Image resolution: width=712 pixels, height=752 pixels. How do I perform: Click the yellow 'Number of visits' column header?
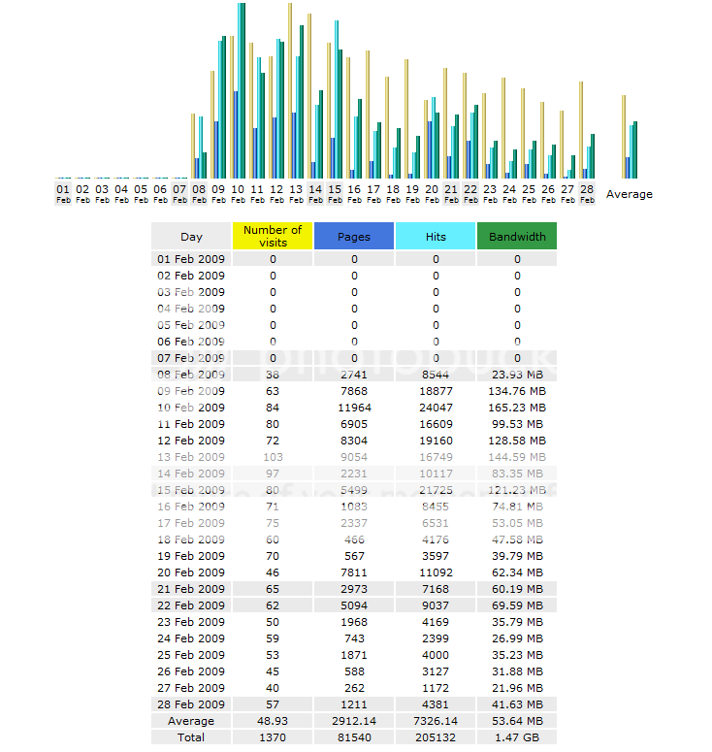coord(273,236)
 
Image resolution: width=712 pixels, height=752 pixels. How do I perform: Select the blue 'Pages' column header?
coord(354,236)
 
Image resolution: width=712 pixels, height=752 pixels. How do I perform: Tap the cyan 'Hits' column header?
coord(436,236)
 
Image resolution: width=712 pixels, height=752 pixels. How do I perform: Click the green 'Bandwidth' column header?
coord(517,236)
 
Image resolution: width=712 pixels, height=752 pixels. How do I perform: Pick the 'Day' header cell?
coord(191,236)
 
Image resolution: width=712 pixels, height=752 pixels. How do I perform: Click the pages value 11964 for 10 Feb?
coord(354,408)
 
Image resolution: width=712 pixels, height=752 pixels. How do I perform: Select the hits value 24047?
coord(436,408)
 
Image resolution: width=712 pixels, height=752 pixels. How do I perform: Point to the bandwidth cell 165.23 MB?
coord(517,408)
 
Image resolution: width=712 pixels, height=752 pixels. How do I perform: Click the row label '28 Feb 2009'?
coord(191,704)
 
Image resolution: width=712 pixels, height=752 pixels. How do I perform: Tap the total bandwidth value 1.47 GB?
coord(517,737)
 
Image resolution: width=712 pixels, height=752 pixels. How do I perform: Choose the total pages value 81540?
coord(354,737)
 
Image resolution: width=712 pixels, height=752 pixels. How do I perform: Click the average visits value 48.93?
coord(273,721)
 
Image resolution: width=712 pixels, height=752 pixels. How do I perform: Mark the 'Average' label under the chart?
coord(630,194)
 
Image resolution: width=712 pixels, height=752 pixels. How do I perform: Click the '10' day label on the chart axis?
coord(238,189)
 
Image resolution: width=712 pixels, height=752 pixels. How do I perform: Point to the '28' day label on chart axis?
coord(587,189)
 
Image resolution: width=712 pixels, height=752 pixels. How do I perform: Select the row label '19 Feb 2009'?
coord(191,556)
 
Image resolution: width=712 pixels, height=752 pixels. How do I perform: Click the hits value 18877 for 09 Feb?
coord(436,391)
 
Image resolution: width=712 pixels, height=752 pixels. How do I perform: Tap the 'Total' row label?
coord(191,737)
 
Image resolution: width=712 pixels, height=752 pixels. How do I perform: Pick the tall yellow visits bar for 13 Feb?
coord(290,87)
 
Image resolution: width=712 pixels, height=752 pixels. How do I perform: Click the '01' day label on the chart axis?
coord(63,189)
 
